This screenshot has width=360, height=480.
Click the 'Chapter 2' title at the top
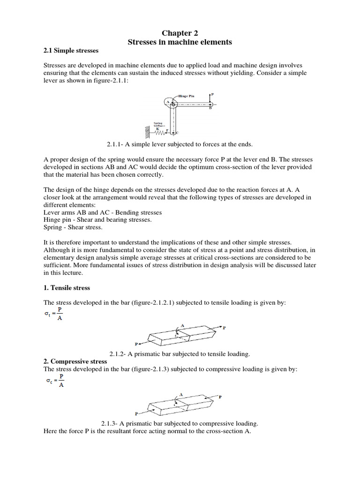pyautogui.click(x=180, y=33)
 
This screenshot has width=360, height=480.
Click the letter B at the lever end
pyautogui.click(x=210, y=108)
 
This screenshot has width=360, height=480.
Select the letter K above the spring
pyautogui.click(x=157, y=128)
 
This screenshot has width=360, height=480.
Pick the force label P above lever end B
pyautogui.click(x=212, y=94)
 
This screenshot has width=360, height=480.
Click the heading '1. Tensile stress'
pyautogui.click(x=67, y=287)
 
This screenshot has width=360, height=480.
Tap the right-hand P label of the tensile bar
pyautogui.click(x=224, y=328)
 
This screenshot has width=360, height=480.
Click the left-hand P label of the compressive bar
pyautogui.click(x=136, y=414)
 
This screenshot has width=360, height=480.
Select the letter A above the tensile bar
pyautogui.click(x=182, y=325)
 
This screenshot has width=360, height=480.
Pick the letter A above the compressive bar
pyautogui.click(x=180, y=395)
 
